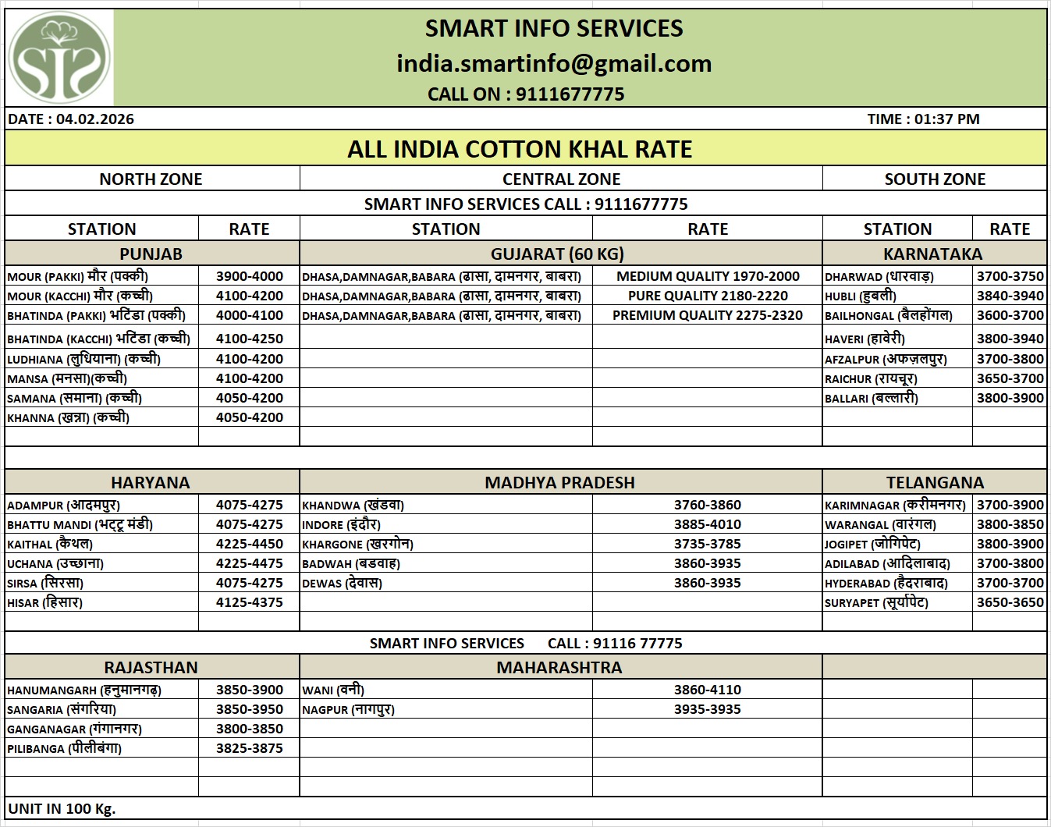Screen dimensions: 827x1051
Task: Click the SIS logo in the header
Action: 59,59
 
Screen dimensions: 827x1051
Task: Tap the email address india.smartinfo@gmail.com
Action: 554,63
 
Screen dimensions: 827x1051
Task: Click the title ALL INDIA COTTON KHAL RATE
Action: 520,149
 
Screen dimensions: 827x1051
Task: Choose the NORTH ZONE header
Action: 151,179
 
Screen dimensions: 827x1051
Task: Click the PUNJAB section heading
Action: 151,254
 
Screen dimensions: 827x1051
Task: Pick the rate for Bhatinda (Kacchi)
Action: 250,339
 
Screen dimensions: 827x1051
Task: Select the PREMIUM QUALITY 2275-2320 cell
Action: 707,315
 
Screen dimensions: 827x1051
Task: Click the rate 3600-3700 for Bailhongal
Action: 1010,315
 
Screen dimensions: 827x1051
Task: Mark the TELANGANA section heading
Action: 935,482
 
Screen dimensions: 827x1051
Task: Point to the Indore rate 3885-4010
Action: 707,524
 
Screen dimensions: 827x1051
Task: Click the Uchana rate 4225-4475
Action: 250,563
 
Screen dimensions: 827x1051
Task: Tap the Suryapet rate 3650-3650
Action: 1010,602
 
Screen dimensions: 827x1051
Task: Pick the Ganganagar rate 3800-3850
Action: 250,729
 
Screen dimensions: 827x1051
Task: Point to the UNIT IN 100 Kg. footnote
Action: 62,808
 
